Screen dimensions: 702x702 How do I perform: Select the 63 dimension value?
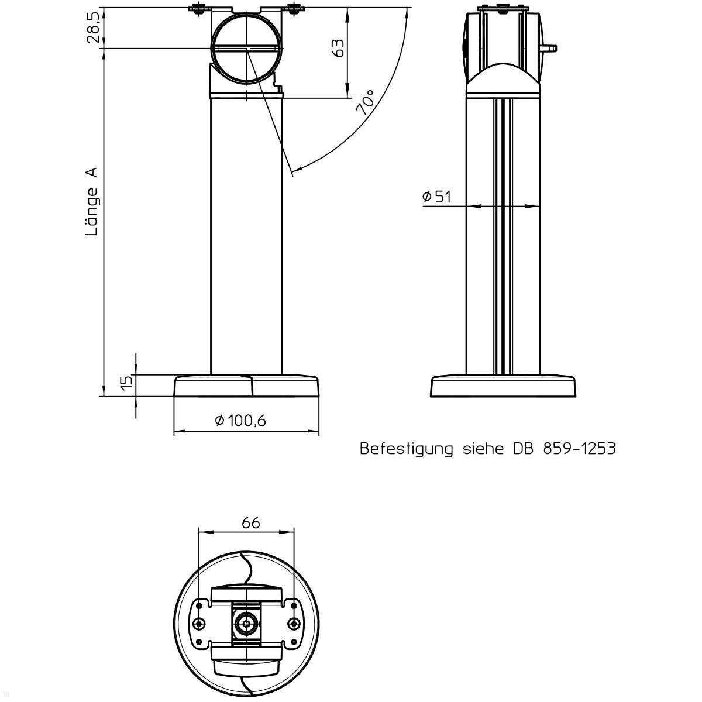click(x=338, y=48)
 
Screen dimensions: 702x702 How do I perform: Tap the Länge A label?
click(x=92, y=202)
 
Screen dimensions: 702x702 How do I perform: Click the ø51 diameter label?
click(x=436, y=197)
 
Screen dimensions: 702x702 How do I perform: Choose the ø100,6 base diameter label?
click(x=240, y=421)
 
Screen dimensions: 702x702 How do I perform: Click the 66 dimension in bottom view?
click(x=250, y=522)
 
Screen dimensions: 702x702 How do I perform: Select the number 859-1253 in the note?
click(x=579, y=449)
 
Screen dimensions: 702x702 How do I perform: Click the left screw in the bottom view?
click(x=201, y=624)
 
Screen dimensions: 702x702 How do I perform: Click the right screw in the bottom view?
click(x=294, y=624)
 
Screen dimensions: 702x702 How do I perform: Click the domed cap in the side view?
click(x=503, y=79)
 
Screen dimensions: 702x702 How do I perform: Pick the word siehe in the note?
click(x=484, y=449)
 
